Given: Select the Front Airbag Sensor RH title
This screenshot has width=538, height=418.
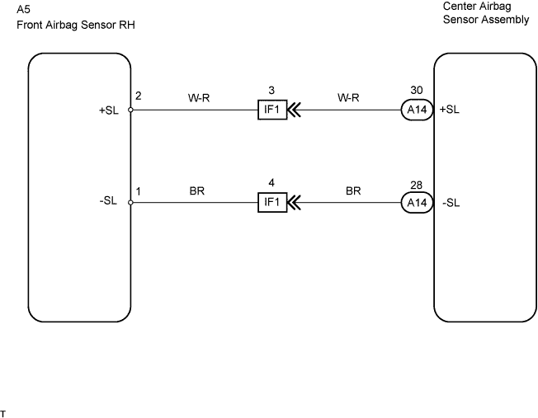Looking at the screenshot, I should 75,26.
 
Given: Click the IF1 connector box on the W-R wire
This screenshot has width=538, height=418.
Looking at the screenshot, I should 271,110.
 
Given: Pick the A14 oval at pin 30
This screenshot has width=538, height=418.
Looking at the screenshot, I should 415,110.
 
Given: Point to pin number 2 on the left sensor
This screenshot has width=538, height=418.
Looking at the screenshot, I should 139,96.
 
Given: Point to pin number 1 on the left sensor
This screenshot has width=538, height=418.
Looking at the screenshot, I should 139,191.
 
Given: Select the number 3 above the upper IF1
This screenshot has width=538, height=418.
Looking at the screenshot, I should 271,89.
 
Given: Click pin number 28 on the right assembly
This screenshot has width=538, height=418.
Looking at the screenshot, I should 415,186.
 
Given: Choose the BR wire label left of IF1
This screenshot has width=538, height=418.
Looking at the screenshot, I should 196,191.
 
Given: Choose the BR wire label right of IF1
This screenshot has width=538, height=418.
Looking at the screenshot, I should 353,191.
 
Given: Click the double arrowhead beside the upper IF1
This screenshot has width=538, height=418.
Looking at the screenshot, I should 295,110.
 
